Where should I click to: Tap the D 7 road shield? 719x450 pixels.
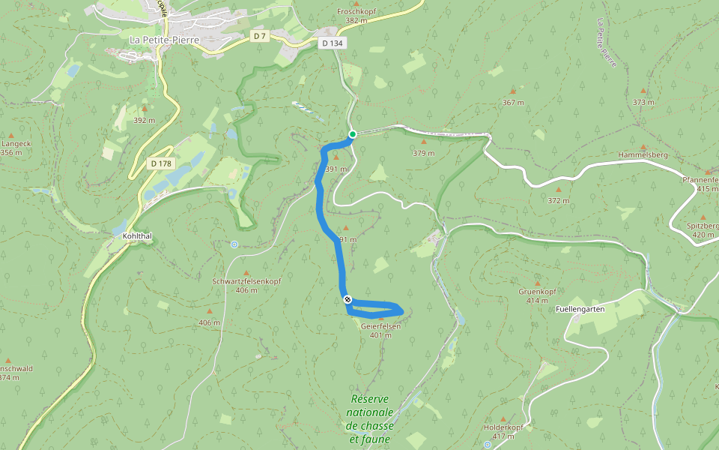(259, 36)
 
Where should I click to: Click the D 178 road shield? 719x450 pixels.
(161, 163)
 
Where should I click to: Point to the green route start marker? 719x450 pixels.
(352, 134)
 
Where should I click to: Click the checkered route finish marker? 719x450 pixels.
(348, 300)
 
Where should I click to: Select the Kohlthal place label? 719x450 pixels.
(137, 235)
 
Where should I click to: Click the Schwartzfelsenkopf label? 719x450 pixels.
(246, 281)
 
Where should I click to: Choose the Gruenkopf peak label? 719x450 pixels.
(537, 291)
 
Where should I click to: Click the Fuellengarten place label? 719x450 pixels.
(580, 309)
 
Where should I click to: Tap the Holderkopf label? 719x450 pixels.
(503, 427)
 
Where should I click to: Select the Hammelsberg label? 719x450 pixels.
(643, 154)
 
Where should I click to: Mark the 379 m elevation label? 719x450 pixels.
(423, 153)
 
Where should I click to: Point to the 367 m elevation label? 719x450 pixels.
(513, 102)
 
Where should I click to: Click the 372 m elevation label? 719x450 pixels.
(558, 200)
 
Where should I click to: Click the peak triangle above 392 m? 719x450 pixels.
(144, 109)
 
